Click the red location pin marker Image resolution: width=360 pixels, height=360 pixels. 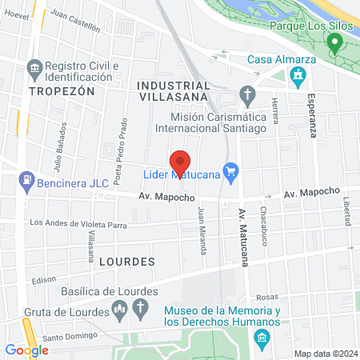[180, 162]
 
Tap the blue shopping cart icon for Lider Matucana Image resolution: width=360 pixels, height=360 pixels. [232, 170]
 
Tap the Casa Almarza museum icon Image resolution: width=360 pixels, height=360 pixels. [298, 78]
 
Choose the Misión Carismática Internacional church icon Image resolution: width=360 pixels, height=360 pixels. [247, 95]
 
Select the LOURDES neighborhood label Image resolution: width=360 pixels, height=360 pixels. [127, 261]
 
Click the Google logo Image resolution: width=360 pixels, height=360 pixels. [26, 350]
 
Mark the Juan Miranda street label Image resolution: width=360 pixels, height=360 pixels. [203, 231]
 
